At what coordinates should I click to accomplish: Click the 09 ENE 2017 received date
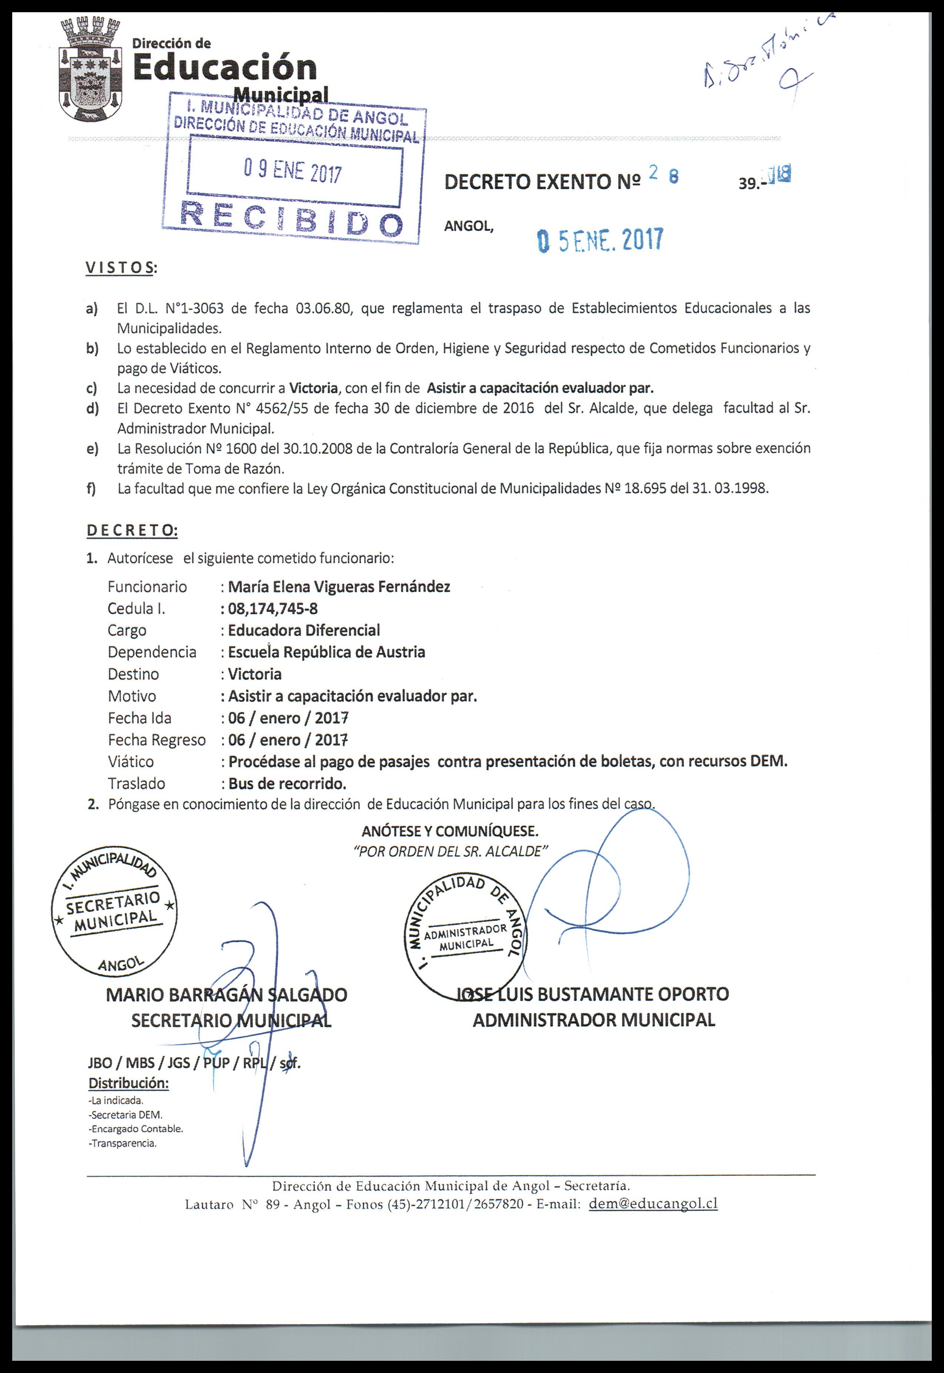point(293,172)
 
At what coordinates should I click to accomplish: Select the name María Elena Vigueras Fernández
point(339,587)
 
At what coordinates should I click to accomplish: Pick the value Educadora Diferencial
point(304,630)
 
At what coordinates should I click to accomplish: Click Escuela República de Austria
point(327,652)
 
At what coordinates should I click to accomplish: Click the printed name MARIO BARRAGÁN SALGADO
point(227,995)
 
